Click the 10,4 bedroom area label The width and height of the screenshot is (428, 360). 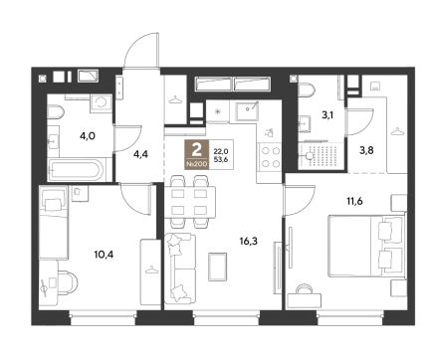point(104,255)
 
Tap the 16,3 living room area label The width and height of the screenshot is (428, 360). point(248,241)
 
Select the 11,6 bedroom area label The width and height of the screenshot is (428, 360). point(354,201)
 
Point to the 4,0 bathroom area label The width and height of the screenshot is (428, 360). point(88,135)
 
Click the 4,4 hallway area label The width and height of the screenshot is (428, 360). point(141,154)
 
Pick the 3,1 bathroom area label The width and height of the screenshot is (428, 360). point(327,115)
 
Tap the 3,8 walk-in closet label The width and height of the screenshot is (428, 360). point(366,150)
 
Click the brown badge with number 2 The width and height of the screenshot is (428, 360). point(197,154)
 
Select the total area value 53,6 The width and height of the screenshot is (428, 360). point(221,159)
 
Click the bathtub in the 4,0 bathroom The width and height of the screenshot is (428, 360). point(77,170)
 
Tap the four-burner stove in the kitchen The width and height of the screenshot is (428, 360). point(271,157)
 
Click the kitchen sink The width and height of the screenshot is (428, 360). point(247,110)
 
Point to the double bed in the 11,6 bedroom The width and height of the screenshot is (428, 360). point(366,246)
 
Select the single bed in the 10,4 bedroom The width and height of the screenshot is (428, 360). point(54,222)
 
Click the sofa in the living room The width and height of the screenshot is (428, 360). point(180,268)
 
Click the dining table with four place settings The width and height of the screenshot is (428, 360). point(190,202)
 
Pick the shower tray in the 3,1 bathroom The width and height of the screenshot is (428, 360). point(321,155)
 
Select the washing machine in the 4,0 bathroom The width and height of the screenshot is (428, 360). point(101,103)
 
